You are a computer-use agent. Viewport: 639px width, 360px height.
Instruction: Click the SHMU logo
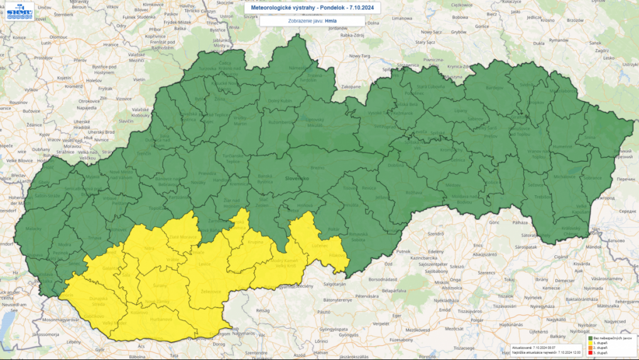tap(21, 11)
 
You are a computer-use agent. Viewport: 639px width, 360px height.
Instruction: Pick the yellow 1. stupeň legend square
tap(590, 344)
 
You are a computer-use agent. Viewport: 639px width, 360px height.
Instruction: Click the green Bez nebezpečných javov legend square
tap(590, 338)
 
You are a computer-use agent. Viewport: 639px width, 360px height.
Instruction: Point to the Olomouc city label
tap(58, 37)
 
